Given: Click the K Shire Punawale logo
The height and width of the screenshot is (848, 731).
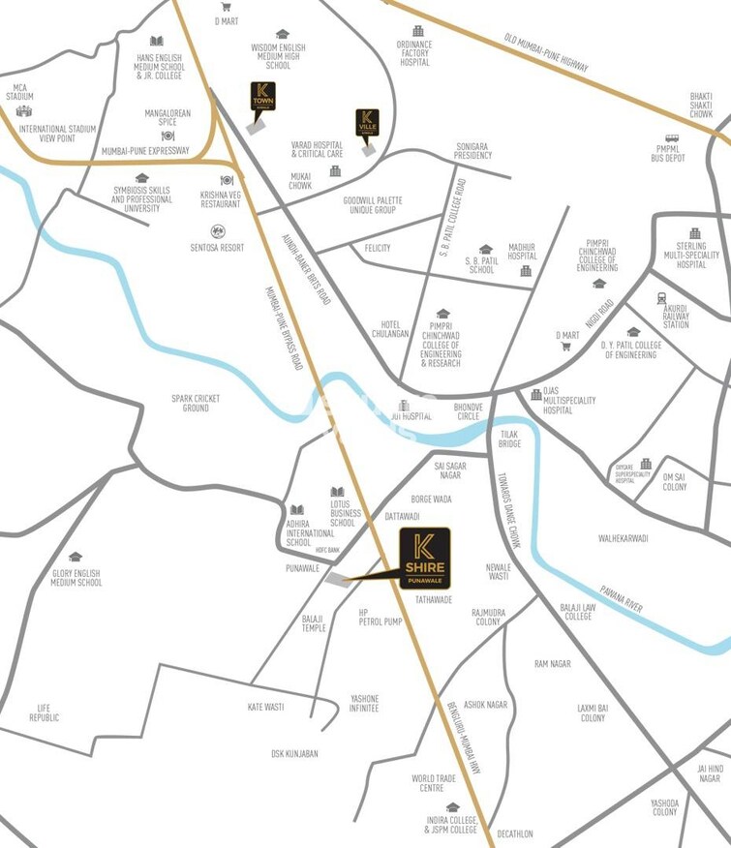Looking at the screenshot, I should [425, 558].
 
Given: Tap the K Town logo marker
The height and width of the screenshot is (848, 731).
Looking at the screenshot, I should [261, 98].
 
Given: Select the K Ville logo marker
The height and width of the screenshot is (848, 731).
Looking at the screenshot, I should [367, 123].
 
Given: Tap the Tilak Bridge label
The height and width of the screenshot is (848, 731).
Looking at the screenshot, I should [510, 439].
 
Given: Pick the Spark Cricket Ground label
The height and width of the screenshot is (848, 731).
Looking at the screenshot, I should [189, 403].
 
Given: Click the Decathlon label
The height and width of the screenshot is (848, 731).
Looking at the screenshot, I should [514, 833].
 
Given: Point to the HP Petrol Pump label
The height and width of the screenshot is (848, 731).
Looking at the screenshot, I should [380, 617].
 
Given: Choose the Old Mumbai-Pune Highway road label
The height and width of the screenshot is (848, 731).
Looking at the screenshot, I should [546, 54].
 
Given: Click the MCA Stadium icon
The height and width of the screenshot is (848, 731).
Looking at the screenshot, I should [24, 111].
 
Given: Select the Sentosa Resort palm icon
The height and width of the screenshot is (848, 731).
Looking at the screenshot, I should [218, 231].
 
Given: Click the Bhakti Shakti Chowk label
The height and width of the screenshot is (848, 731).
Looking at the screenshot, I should [701, 105].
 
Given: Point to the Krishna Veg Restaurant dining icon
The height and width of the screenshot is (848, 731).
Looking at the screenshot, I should [228, 180].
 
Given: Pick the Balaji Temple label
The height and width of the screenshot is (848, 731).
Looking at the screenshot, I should [314, 622].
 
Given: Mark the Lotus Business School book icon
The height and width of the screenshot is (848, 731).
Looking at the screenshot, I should [338, 492].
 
